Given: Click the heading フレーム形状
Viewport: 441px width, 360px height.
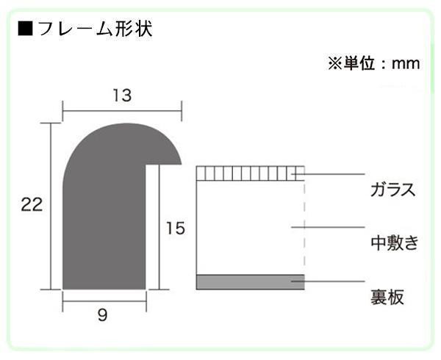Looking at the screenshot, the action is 95,29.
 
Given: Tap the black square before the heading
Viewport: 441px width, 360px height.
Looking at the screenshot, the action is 25,29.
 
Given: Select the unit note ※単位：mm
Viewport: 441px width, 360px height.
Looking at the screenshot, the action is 374,63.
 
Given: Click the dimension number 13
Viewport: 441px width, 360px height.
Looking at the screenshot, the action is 122,96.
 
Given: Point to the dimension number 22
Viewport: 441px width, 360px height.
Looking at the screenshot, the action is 32,204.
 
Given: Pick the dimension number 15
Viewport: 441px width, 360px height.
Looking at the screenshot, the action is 176,228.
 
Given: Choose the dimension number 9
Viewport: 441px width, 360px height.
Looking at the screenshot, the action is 103,315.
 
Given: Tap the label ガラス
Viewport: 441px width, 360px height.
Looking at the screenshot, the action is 393,190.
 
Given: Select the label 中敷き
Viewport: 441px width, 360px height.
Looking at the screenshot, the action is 394,242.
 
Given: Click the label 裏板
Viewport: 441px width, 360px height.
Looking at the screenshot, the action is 387,297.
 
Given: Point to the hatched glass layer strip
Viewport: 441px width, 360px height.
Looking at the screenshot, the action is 251,173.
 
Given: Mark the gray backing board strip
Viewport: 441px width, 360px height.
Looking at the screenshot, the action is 251,282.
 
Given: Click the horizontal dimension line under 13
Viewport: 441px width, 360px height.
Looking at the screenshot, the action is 122,111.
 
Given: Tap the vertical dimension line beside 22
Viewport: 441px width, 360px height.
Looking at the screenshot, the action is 51,206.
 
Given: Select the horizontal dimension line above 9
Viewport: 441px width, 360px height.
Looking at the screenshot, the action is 104,301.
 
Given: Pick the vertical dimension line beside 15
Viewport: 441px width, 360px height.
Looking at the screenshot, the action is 159,227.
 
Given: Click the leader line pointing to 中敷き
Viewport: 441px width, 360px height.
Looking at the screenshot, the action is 328,227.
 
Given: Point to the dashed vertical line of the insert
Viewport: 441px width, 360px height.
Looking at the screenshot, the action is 304,228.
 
